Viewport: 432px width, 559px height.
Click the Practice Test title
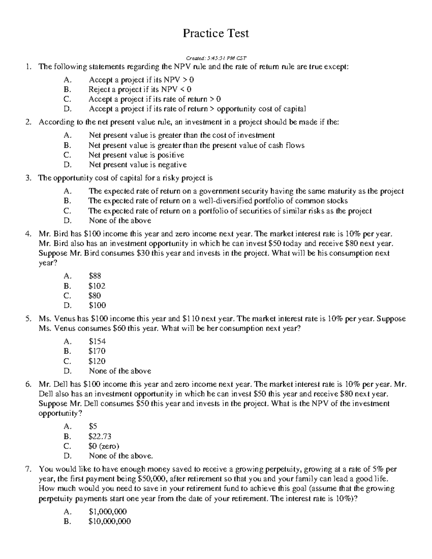[x=216, y=33]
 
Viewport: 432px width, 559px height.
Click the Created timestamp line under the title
[x=216, y=58]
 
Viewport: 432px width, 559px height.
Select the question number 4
[x=28, y=234]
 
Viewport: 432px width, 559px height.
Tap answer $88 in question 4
[x=95, y=276]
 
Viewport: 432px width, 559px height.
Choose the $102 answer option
[x=97, y=286]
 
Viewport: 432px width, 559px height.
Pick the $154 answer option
[x=97, y=341]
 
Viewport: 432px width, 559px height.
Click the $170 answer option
[x=97, y=351]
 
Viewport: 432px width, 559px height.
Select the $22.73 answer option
[x=100, y=436]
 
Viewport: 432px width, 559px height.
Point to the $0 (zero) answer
[x=104, y=446]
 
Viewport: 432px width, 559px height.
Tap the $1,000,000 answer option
[x=108, y=511]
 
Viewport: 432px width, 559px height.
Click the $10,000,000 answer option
[x=109, y=521]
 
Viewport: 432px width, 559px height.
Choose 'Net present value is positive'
[x=136, y=155]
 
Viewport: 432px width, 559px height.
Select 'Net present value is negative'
[x=138, y=165]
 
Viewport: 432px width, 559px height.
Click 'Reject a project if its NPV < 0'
[x=140, y=89]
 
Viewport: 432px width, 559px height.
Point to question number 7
[x=28, y=469]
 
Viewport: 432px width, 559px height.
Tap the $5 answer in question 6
[x=93, y=427]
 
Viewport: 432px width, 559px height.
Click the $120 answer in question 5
[x=97, y=361]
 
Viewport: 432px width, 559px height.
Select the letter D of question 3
[x=67, y=221]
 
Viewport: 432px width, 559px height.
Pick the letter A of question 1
[x=67, y=80]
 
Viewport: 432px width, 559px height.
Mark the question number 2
[x=28, y=122]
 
